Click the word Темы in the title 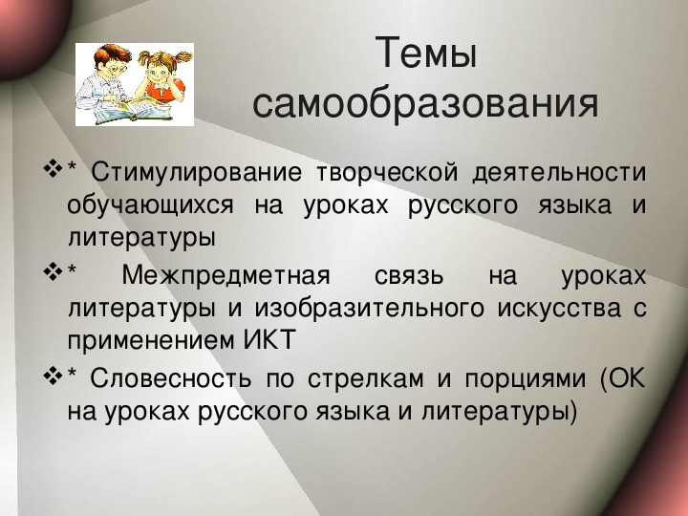tap(425, 54)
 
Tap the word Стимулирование tap(196, 172)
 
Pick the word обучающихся tap(151, 205)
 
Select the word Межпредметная tap(226, 276)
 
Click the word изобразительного tap(370, 309)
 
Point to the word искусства tap(559, 309)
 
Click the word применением tap(151, 341)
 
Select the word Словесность tap(171, 378)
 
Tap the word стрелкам tap(365, 379)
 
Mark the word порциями tap(526, 379)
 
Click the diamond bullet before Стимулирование tap(53, 169)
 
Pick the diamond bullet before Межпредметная tap(53, 272)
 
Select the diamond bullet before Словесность tap(53, 376)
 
